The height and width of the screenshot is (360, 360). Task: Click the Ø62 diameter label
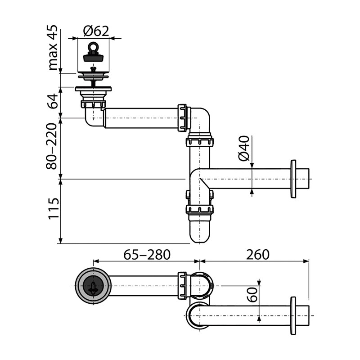[96, 31]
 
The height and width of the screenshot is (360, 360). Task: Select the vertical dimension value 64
[54, 101]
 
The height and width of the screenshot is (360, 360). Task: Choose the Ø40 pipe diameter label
[243, 149]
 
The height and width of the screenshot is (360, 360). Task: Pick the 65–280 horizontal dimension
[147, 255]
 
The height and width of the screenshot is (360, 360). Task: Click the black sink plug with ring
[93, 54]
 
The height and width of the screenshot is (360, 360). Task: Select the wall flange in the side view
[293, 179]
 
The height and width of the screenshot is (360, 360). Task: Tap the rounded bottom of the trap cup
[199, 234]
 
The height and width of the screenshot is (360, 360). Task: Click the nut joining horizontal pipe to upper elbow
[182, 118]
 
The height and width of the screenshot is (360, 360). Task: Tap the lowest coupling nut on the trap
[199, 210]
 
